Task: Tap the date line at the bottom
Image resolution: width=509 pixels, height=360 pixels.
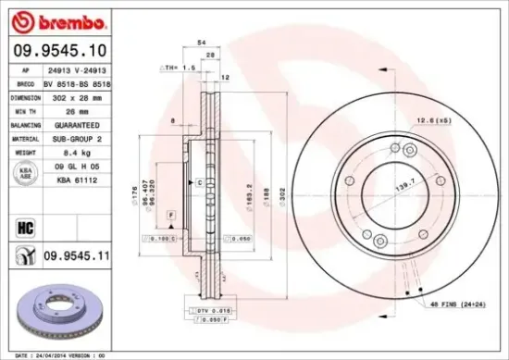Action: click(59, 354)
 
